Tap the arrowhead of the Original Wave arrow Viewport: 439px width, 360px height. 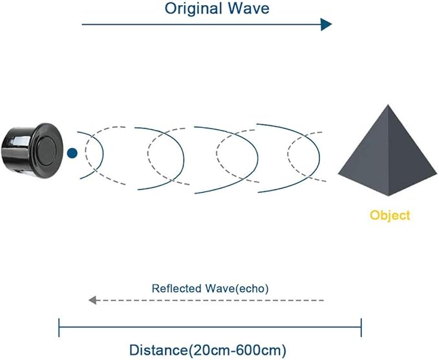click(x=326, y=25)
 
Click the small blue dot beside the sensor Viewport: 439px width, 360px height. click(x=72, y=153)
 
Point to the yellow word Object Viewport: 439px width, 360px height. click(x=389, y=215)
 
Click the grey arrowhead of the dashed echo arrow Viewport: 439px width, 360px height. click(x=92, y=301)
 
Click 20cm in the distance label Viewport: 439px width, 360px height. click(x=207, y=351)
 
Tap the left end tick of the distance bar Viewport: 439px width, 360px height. click(x=59, y=327)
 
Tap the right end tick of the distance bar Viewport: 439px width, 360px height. click(x=361, y=327)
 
